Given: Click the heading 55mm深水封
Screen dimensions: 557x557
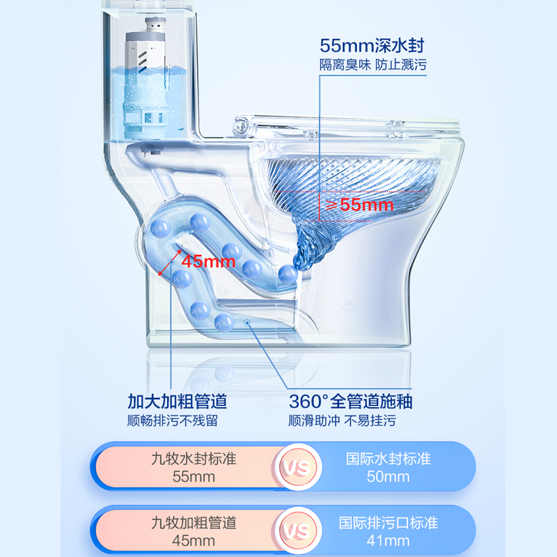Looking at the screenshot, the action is point(372,46).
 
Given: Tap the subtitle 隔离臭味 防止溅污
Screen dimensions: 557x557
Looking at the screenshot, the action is point(372,65).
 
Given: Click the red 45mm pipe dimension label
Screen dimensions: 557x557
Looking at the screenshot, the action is point(209,261).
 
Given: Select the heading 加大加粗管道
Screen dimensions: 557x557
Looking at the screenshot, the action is point(177,402).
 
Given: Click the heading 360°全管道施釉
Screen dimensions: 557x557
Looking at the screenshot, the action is point(349,402).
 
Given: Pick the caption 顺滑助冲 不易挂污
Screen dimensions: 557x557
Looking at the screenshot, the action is point(349,421).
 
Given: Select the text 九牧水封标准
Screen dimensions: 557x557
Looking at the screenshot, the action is point(194,459).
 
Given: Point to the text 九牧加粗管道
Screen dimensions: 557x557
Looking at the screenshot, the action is point(194,522).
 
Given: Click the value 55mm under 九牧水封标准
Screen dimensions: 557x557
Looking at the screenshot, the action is point(194,477).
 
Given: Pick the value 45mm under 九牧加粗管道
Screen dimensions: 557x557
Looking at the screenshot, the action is point(194,540).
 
